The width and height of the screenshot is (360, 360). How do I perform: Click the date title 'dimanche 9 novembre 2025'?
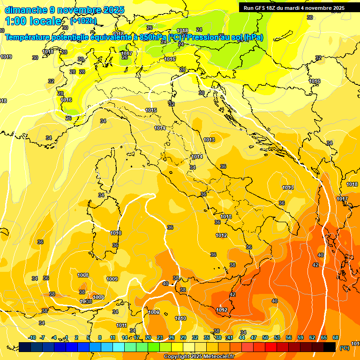[64, 10]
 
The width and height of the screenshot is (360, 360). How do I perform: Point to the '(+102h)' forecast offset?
[83, 21]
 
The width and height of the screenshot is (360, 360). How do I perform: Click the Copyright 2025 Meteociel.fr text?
[199, 357]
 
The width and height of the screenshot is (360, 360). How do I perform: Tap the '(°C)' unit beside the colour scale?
[344, 348]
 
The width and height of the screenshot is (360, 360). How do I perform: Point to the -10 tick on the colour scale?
[32, 338]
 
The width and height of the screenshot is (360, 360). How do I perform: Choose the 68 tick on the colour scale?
[336, 338]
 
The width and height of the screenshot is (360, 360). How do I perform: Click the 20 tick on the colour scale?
[148, 338]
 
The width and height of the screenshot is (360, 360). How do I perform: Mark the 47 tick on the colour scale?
[254, 338]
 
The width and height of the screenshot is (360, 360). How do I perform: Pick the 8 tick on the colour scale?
[100, 338]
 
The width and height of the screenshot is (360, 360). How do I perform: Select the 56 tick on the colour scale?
[289, 338]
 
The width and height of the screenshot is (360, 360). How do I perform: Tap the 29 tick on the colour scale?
[183, 338]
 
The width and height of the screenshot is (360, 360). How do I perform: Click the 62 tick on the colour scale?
[312, 338]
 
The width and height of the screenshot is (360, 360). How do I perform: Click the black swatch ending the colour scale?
[330, 347]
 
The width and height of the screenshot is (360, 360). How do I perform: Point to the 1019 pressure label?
[6, 57]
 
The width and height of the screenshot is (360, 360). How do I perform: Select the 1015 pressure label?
[151, 110]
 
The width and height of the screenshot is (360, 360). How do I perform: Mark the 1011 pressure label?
[121, 325]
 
